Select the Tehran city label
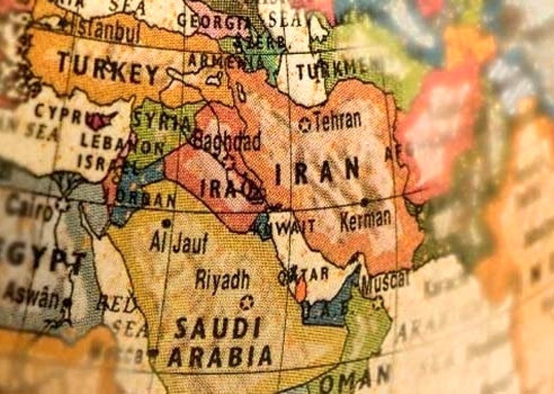pyautogui.click(x=337, y=121)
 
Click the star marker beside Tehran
pyautogui.click(x=306, y=125)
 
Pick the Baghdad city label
pyautogui.click(x=226, y=140)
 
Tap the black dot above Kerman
pyautogui.click(x=364, y=202)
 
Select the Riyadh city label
pyautogui.click(x=222, y=279)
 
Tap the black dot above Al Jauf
pyautogui.click(x=166, y=223)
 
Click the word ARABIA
pyautogui.click(x=220, y=357)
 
